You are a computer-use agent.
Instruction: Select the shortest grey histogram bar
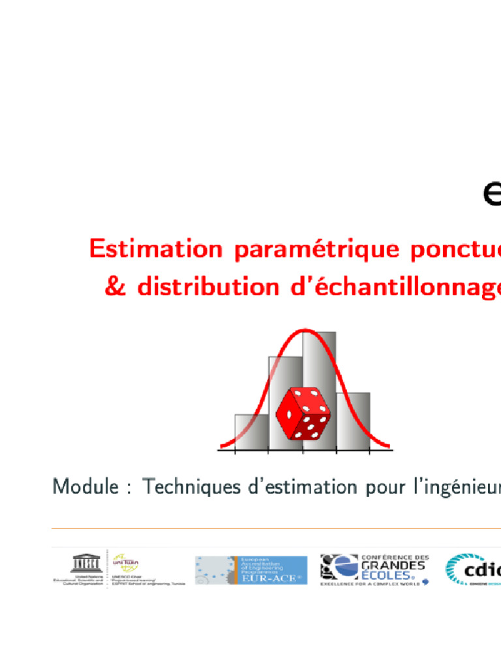point(251,431)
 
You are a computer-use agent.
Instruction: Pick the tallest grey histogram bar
point(319,365)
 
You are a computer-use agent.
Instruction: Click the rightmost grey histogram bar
point(353,420)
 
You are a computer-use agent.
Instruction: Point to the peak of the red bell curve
point(305,331)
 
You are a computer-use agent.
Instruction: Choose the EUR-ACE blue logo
point(251,569)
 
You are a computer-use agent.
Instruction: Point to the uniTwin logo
point(127,562)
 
